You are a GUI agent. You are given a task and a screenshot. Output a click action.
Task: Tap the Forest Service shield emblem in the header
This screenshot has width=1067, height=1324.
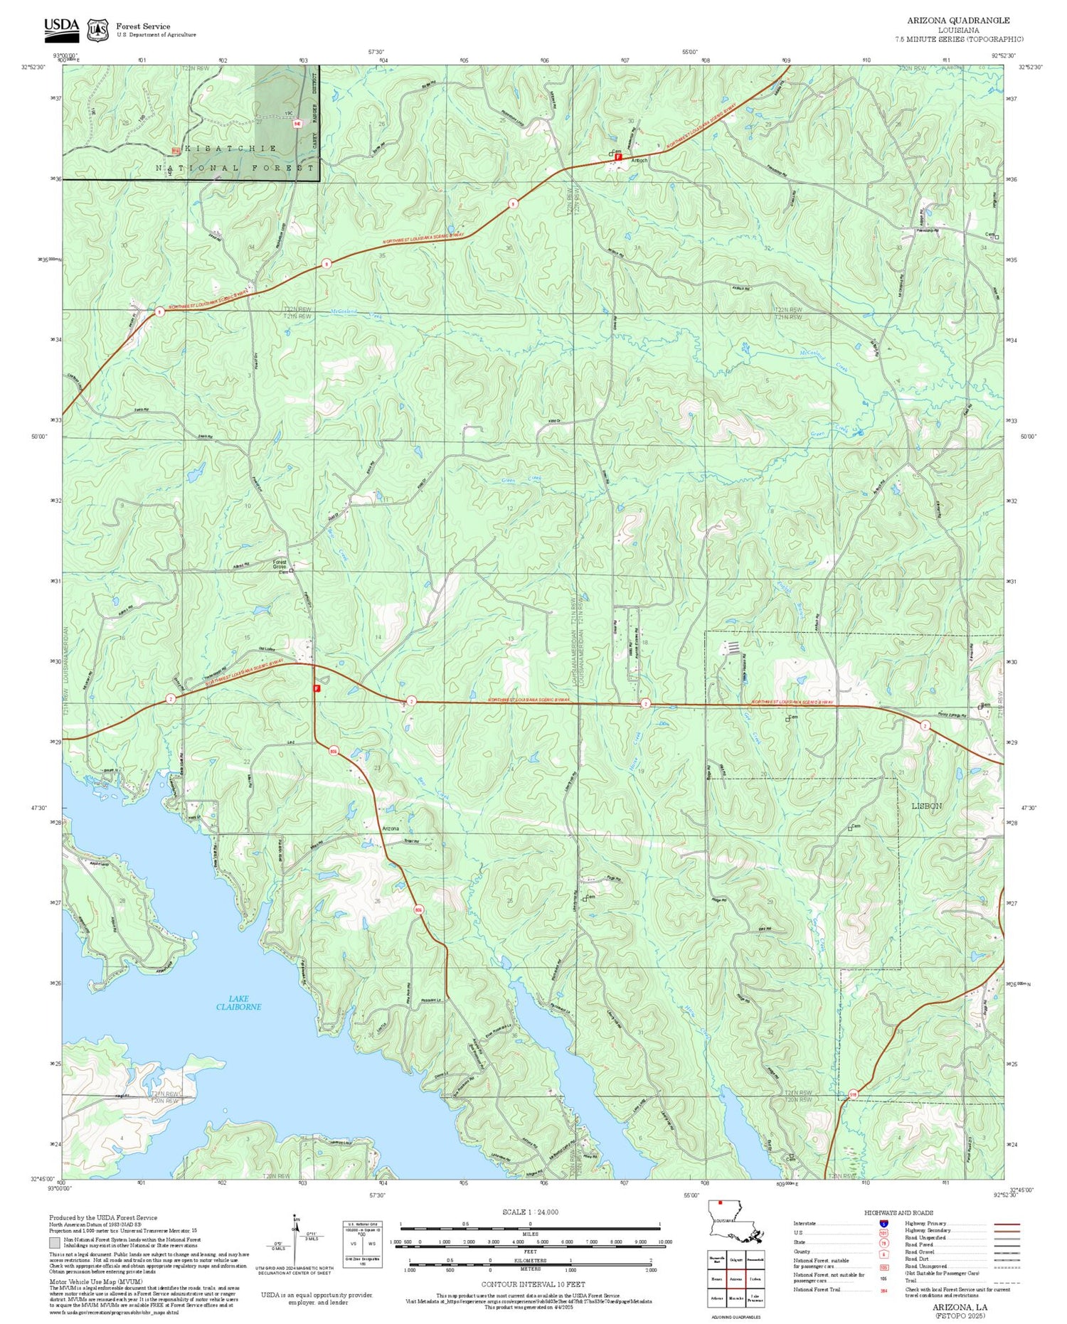(x=97, y=30)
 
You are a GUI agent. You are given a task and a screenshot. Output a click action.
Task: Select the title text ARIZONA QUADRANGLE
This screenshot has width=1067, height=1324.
(x=957, y=20)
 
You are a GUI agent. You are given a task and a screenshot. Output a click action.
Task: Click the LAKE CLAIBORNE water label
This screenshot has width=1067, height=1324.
(x=239, y=1003)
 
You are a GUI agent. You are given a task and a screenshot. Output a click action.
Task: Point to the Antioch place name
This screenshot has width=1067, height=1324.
(x=639, y=161)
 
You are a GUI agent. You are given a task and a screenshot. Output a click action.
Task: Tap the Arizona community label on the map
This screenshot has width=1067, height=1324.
(x=391, y=829)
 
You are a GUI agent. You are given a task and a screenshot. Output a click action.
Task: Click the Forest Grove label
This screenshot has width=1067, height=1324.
(x=280, y=565)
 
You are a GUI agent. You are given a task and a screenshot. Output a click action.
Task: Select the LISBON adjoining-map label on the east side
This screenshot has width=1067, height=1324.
(x=926, y=806)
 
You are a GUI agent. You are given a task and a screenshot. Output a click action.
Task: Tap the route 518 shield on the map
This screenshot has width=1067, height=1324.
(x=853, y=1095)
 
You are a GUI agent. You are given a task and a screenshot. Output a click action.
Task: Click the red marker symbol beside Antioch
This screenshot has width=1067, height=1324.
(x=619, y=157)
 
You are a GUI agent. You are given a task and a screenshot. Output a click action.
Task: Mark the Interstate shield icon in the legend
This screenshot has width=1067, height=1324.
(x=883, y=1224)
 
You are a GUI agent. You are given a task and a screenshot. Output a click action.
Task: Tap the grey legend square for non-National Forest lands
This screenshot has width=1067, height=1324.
(x=55, y=1243)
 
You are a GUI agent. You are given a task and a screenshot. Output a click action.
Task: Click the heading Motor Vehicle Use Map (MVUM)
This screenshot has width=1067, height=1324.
(x=95, y=1281)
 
